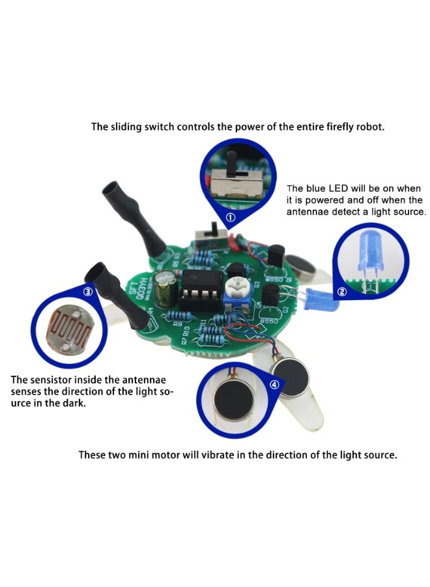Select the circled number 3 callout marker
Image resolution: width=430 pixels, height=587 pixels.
click(x=88, y=292)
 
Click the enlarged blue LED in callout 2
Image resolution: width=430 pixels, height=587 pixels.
click(x=366, y=253)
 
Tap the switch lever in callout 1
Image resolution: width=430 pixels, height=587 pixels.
click(x=231, y=159)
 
